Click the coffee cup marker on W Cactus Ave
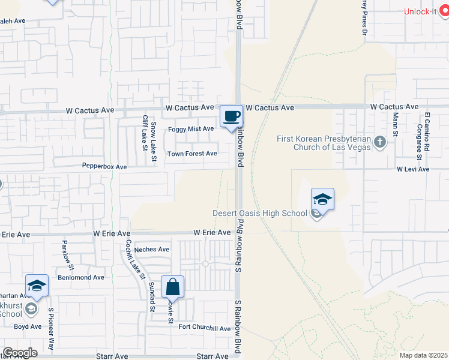point(231,116)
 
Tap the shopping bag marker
point(172,287)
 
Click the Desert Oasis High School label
point(260,213)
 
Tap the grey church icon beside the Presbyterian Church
point(379,143)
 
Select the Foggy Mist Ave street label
point(191,129)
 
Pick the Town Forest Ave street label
point(192,154)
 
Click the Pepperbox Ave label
point(104,167)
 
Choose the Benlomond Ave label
point(80,278)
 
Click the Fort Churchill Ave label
point(205,328)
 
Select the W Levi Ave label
point(413,170)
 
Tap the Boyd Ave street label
point(28,327)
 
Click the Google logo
point(20,353)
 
